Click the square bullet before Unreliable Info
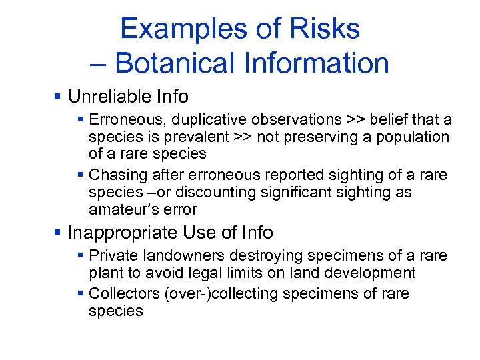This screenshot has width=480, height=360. click(59, 97)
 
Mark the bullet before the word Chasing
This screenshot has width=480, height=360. click(80, 175)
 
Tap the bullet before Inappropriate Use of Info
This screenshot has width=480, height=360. click(59, 233)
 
